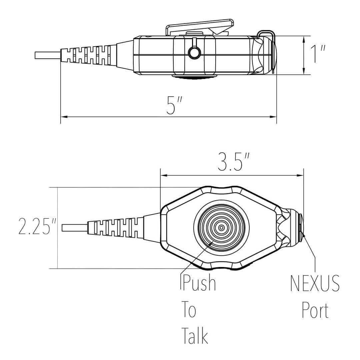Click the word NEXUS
(x=315, y=284)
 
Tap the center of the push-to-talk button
(x=221, y=228)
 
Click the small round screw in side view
(x=194, y=52)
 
